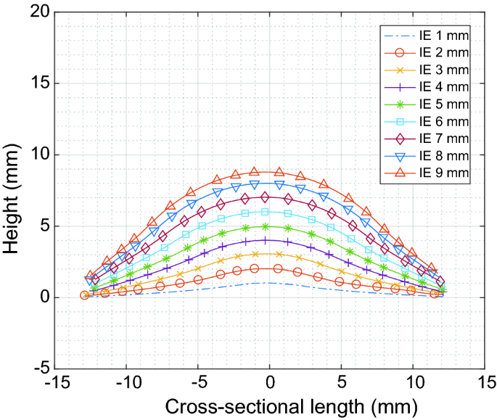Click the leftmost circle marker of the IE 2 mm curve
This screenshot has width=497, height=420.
coord(84,295)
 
